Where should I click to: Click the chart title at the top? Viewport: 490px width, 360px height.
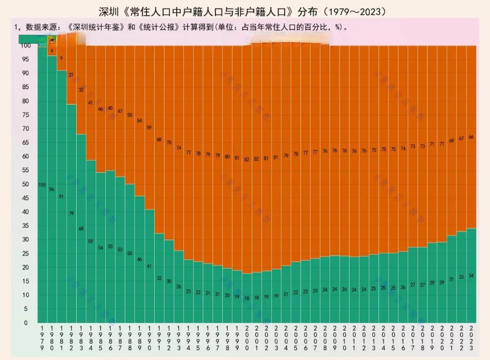[245, 10]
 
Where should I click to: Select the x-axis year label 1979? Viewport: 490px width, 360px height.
[42, 338]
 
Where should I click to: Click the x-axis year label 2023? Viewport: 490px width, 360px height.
[471, 338]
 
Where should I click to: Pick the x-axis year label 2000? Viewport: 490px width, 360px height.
[247, 338]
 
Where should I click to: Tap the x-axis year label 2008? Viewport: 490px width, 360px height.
[325, 338]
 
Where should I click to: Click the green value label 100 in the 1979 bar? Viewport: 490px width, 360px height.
[42, 185]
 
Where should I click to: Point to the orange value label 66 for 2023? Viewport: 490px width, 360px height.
[471, 137]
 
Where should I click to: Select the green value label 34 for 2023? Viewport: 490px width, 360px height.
[471, 276]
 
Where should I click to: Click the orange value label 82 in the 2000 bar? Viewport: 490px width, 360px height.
[247, 159]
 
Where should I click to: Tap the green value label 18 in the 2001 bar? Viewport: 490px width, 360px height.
[256, 298]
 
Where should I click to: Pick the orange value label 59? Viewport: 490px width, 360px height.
[149, 128]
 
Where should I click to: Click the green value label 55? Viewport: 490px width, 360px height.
[110, 247]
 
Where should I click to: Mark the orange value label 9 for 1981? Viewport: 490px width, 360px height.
[61, 58]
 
